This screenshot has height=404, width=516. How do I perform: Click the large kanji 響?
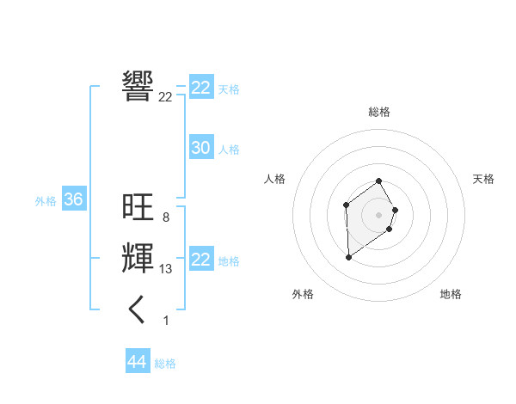[138, 86]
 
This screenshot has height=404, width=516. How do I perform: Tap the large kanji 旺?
[138, 207]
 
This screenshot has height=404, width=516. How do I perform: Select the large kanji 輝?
[138, 259]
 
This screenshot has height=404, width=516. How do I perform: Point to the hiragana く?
[138, 309]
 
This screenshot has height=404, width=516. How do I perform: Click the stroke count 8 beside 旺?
[165, 217]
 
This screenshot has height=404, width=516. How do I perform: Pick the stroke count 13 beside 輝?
[165, 269]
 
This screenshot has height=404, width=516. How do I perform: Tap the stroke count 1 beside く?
[166, 321]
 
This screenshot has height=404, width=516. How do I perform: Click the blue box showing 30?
[201, 148]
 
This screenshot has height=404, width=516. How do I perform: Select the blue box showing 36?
[74, 200]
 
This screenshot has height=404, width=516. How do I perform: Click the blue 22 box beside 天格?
[201, 88]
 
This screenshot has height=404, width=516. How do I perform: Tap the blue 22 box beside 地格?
[201, 260]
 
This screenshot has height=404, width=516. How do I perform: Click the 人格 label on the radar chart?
[274, 179]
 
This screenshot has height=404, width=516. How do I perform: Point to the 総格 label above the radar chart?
[379, 112]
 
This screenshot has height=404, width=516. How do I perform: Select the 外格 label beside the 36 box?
[46, 201]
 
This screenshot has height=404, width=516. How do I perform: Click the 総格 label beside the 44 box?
[165, 364]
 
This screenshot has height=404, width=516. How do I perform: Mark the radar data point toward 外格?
[348, 257]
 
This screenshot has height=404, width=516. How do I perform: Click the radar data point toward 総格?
[379, 181]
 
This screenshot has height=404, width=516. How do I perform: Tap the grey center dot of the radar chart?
[379, 214]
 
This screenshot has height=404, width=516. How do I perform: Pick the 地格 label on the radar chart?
[451, 294]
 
